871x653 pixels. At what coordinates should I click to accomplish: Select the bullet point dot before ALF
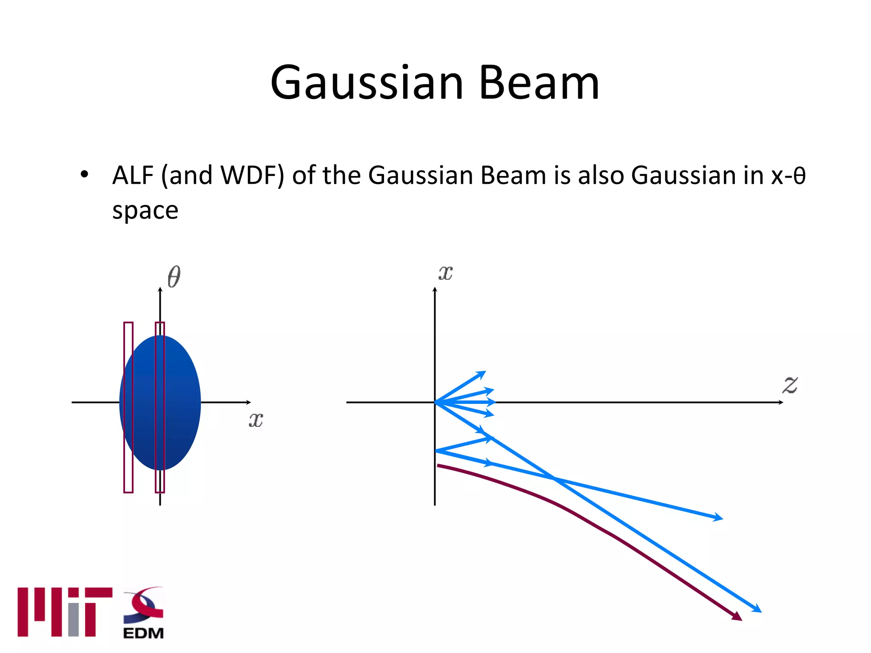pos(84,175)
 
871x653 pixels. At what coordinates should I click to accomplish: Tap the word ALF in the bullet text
pos(133,175)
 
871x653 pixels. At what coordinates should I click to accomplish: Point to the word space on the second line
pos(145,211)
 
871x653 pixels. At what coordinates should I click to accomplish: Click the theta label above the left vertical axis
pos(174,277)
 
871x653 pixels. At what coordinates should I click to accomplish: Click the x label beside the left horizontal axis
pos(256,420)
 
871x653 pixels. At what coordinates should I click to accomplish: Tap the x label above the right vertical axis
pos(445,273)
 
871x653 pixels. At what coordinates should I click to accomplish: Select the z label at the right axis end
pos(790,385)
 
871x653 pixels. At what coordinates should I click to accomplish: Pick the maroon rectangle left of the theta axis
pos(128,407)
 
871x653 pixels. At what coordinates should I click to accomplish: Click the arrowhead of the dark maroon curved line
pos(737,616)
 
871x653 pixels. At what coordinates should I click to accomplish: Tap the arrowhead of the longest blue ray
pos(757,609)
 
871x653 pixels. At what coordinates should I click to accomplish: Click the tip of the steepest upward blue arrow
pos(483,373)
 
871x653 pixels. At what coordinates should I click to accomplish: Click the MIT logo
pos(65,612)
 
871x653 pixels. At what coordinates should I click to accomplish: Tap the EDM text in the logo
pos(143,633)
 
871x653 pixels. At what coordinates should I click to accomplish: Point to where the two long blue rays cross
pos(554,479)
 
